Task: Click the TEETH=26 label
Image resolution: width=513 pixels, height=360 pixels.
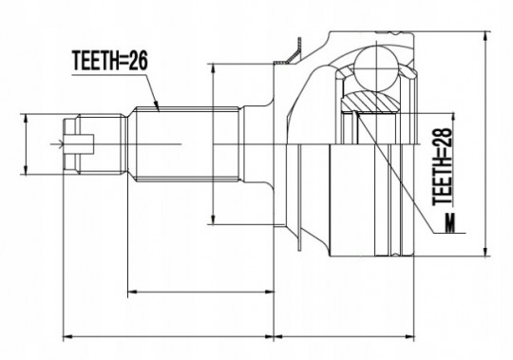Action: coord(110,61)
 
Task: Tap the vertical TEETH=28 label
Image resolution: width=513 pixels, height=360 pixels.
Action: coord(443,166)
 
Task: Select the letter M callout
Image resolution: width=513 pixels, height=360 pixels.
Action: coord(450,222)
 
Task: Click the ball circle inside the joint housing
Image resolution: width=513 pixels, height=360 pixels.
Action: coord(377,68)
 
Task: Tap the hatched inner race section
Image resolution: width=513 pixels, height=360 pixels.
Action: coord(370,102)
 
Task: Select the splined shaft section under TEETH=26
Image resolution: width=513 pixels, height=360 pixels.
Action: coord(186,144)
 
